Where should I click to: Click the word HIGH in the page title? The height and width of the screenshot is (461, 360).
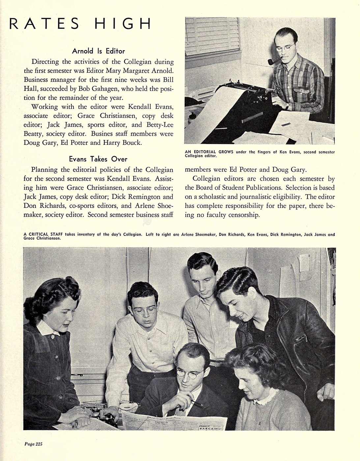coord(123,24)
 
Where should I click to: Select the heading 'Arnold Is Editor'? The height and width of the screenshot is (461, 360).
coord(98,51)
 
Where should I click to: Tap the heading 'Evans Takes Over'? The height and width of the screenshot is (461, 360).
coord(98,159)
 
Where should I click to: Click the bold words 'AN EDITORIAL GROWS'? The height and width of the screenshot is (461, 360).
coord(209,152)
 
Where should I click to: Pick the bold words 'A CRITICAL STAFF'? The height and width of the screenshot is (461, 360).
coord(43,234)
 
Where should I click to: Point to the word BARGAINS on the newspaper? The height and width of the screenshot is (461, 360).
coord(211,428)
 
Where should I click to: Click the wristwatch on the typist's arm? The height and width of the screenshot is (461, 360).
coord(287,106)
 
